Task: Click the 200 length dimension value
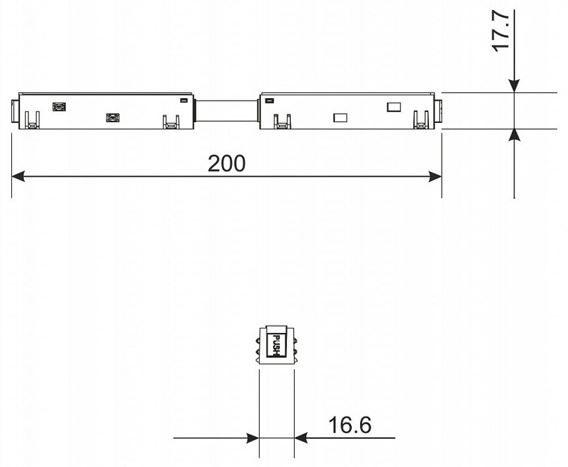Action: click(226, 164)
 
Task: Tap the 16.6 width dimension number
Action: click(349, 424)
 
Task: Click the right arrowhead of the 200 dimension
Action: click(435, 177)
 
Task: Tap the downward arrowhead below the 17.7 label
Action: click(514, 86)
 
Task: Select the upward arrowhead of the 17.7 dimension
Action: click(514, 135)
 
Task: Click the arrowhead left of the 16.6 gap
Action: click(253, 438)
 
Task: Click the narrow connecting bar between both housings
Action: click(226, 110)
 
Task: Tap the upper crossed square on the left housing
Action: click(59, 106)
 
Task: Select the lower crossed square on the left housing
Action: click(112, 118)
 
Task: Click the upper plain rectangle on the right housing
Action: click(394, 106)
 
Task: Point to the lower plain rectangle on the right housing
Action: click(340, 118)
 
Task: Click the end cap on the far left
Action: click(15, 111)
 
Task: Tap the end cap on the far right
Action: click(438, 111)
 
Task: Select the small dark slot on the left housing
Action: click(183, 101)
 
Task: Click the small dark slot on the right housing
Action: click(269, 101)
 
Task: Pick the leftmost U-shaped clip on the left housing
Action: click(32, 120)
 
